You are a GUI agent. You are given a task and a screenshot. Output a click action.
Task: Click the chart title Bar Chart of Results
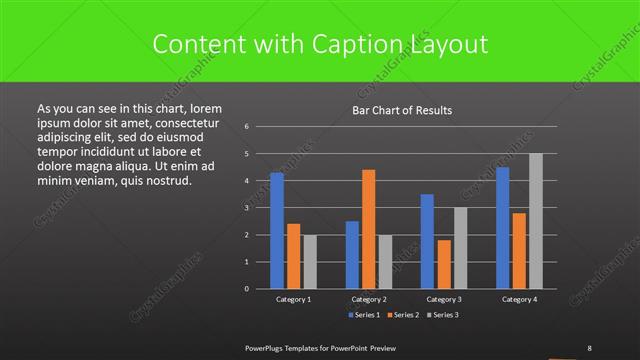[401, 110]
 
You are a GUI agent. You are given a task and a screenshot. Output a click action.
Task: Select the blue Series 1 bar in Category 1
[277, 230]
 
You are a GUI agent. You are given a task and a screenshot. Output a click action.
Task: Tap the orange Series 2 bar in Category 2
[368, 229]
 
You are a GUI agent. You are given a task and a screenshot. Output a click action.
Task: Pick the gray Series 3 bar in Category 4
[535, 221]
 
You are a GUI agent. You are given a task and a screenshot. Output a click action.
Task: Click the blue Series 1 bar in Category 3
[427, 241]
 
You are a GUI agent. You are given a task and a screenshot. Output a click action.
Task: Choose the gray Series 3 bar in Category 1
[309, 261]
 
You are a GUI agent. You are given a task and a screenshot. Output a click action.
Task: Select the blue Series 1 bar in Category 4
[502, 227]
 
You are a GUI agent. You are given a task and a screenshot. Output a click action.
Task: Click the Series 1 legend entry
[364, 315]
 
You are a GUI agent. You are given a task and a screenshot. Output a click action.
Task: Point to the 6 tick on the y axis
[246, 127]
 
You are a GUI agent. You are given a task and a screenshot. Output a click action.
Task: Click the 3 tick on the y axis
[246, 208]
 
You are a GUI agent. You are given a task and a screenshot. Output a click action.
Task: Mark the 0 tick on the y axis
[246, 288]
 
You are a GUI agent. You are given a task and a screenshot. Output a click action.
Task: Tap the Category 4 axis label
[518, 299]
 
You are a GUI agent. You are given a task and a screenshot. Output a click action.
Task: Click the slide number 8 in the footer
[590, 347]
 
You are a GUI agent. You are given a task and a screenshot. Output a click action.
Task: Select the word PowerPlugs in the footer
[267, 347]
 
